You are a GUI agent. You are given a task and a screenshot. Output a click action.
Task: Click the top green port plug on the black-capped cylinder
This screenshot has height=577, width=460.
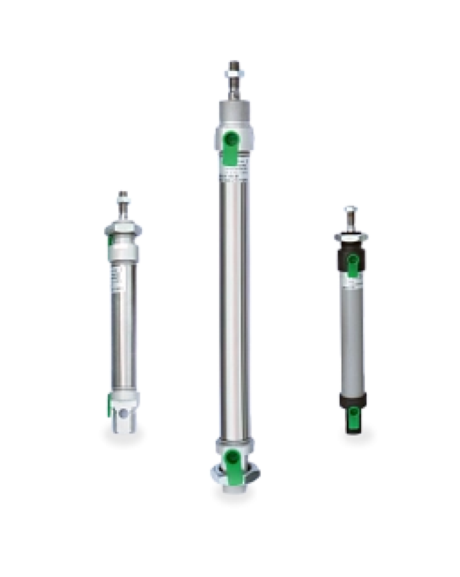[352, 263]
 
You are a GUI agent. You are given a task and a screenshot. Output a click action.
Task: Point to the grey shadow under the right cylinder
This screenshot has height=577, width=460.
[357, 435]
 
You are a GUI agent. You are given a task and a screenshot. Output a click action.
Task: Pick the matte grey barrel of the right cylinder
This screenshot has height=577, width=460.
[351, 339]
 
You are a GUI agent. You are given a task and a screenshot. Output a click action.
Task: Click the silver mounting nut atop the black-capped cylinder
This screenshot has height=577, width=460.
[351, 236]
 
